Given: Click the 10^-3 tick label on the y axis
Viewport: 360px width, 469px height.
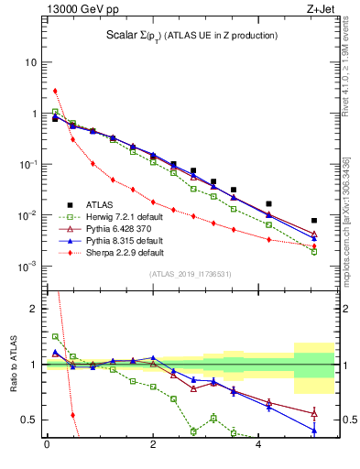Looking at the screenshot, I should [x=28, y=267].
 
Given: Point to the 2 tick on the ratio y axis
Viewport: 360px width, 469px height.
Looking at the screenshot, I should [x=34, y=309].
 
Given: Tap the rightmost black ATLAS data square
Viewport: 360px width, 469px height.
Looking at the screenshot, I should [x=313, y=221].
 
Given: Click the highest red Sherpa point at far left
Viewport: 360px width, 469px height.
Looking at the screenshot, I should [x=55, y=91].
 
